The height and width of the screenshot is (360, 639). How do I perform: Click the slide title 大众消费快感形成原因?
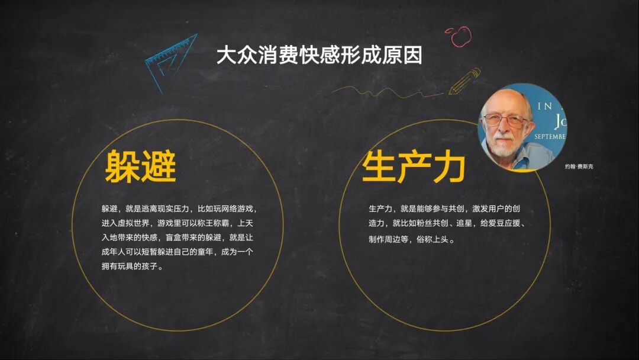(319, 56)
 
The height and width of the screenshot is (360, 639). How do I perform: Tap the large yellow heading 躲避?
(141, 166)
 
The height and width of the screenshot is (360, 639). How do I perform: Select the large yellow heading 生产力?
(414, 167)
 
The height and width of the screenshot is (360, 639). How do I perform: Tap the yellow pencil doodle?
(465, 82)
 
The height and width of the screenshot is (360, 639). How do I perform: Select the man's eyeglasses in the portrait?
(505, 120)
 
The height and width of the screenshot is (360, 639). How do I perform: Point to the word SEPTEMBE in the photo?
(550, 136)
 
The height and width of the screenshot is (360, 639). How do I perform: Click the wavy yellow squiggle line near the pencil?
(385, 90)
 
